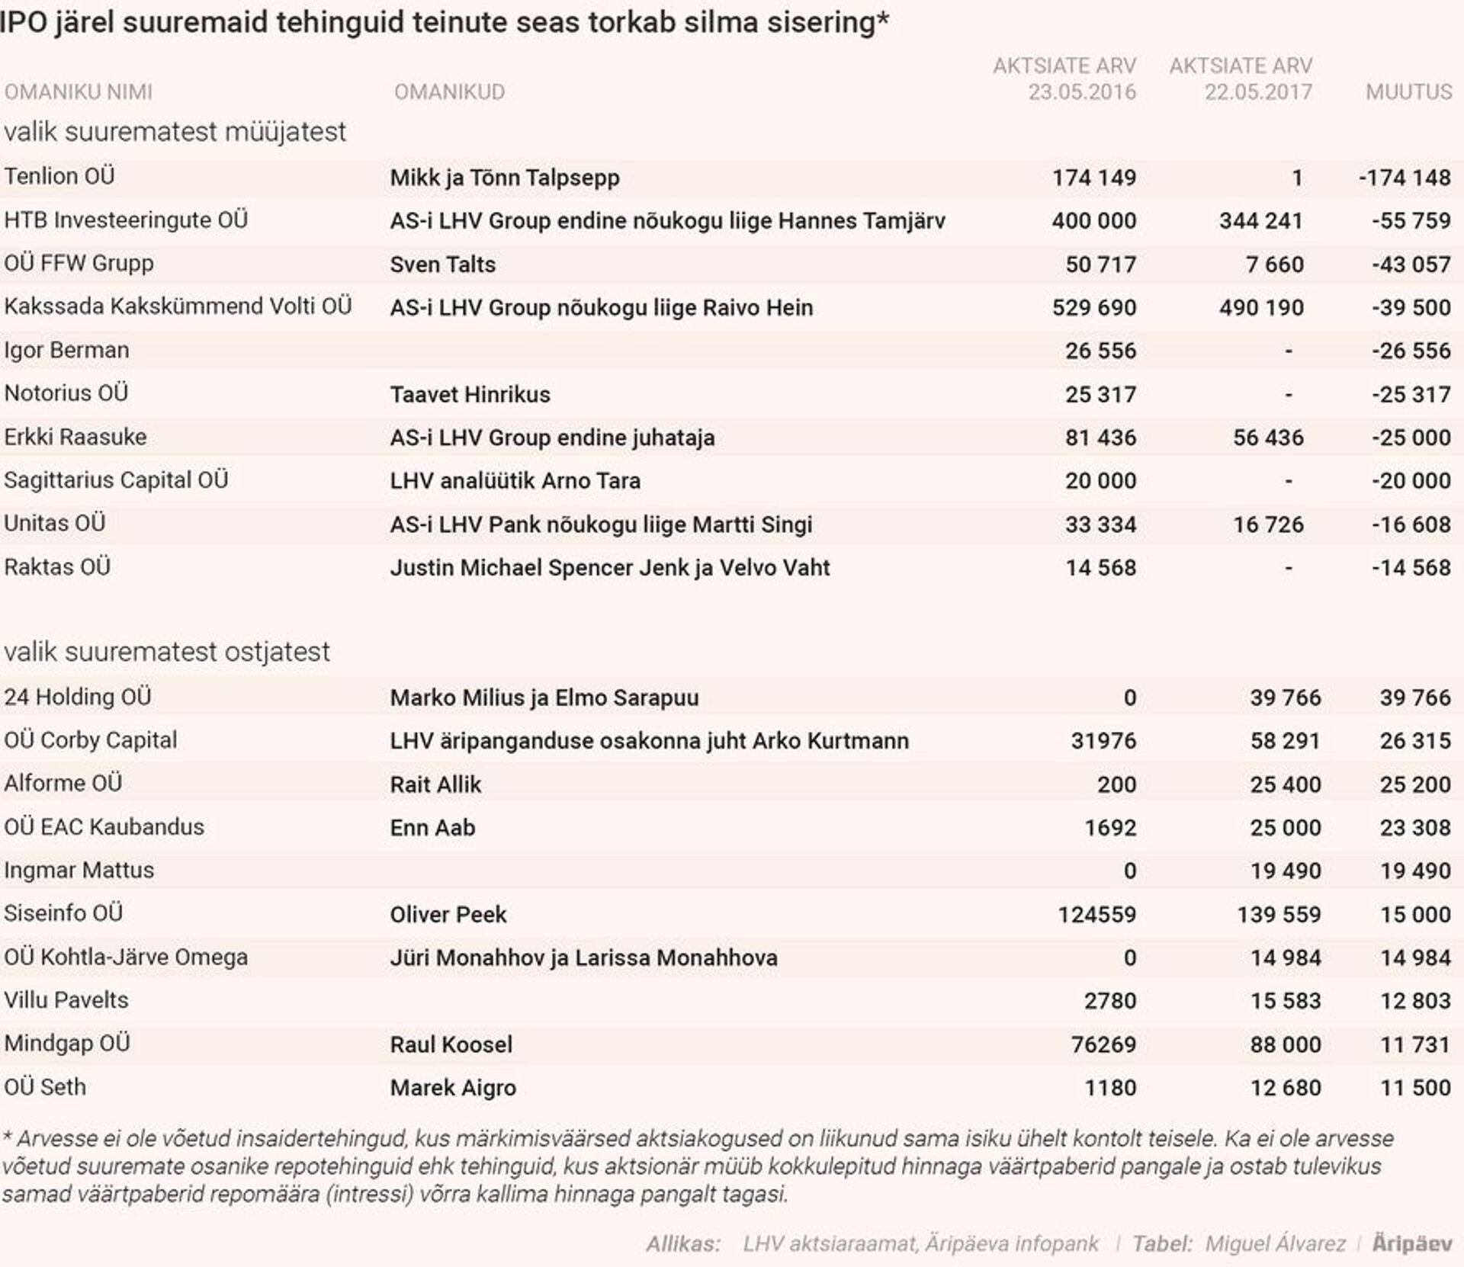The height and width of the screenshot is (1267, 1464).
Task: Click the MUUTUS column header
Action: [x=1408, y=92]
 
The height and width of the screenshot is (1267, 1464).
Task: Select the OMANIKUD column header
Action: [x=449, y=92]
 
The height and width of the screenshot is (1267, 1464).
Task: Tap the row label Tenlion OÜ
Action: [x=59, y=176]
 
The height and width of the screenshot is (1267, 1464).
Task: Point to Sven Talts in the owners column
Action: [x=442, y=265]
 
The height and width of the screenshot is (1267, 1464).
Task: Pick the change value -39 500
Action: [x=1411, y=308]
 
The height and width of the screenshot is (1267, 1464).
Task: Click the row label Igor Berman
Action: [x=66, y=351]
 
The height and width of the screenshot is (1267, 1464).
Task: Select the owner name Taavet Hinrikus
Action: [x=470, y=395]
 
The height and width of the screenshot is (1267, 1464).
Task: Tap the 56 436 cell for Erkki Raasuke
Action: [x=1268, y=438]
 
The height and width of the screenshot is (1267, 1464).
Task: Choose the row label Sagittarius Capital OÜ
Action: [x=116, y=480]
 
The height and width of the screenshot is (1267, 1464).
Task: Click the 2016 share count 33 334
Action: [x=1100, y=524]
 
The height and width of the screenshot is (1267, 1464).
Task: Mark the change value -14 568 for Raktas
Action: [x=1411, y=568]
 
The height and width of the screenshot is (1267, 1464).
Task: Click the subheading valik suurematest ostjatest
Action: [x=167, y=652]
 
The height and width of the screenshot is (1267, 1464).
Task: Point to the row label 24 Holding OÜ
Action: [x=78, y=697]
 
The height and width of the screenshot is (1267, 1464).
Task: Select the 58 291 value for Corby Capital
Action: [x=1285, y=741]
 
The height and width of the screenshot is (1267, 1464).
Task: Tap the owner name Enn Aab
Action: [x=432, y=828]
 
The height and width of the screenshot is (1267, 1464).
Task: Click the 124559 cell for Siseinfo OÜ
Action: [x=1096, y=914]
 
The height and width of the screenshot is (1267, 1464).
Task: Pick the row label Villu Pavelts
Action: [x=66, y=1000]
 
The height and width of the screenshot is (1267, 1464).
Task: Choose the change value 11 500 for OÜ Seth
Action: [x=1414, y=1088]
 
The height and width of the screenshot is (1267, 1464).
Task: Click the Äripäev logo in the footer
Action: [x=1411, y=1243]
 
